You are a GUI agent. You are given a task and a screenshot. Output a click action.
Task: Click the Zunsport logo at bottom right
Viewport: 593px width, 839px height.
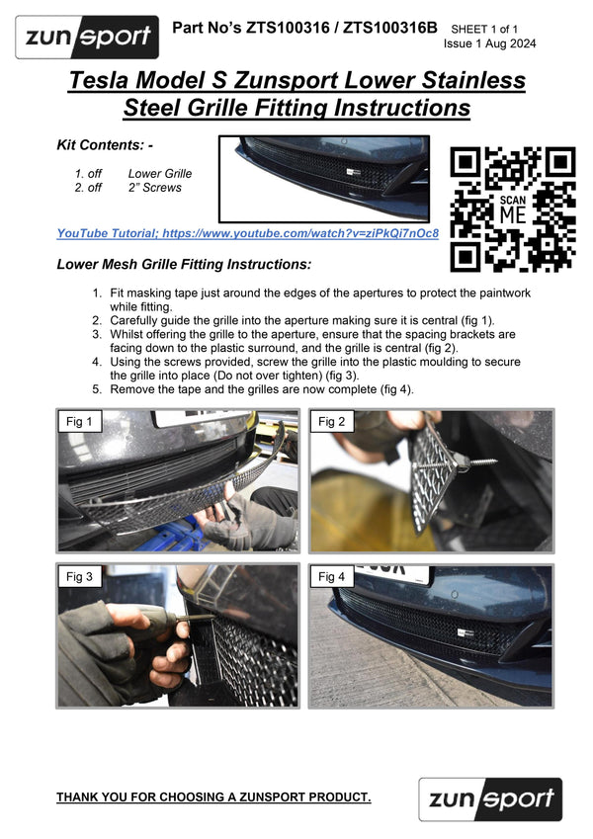489,799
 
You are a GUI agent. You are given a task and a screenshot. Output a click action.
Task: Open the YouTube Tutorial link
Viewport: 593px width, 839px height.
247,233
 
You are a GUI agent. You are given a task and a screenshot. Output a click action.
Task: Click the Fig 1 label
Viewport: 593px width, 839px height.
80,422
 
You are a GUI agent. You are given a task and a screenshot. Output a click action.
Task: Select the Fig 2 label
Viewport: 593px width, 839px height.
331,422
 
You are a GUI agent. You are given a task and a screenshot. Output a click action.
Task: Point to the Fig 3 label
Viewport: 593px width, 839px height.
80,576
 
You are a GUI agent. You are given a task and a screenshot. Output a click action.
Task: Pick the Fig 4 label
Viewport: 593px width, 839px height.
331,576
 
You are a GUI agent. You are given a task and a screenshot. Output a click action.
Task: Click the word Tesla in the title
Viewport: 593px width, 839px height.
102,80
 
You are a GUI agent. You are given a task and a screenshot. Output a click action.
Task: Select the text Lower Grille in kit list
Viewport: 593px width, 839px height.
159,173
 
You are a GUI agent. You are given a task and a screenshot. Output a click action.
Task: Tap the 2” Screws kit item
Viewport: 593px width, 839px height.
154,187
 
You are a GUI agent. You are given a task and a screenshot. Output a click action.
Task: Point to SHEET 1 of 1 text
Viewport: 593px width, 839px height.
497,30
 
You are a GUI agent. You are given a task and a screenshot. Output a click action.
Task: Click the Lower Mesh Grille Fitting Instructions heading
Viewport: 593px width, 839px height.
184,265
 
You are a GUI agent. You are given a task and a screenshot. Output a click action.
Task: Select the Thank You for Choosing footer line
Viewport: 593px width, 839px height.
213,797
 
